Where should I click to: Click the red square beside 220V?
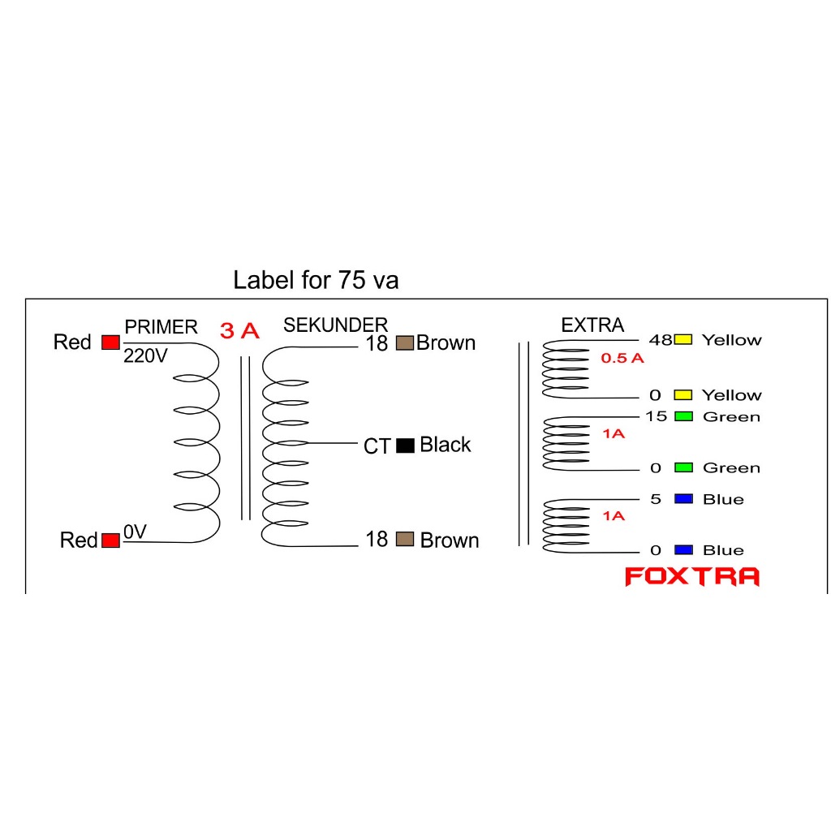coord(110,342)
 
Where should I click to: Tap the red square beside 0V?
coord(110,540)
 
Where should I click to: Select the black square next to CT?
coord(405,445)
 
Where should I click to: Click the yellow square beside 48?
coord(682,339)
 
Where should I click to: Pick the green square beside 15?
coord(683,416)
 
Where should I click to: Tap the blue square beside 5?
coord(683,498)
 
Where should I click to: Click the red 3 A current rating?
coord(239,331)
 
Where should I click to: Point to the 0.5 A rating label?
coord(622,358)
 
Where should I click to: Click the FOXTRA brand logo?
coord(691,577)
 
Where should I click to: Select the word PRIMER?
coord(161,327)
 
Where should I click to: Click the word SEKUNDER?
coord(335,325)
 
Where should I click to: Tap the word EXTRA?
coord(592,325)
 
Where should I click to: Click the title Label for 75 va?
coord(316,281)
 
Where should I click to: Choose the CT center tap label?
coord(377,446)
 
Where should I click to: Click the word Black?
coord(445,445)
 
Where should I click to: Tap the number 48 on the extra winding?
coord(660,340)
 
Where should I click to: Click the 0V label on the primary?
coord(135,533)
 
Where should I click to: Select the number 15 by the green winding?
coord(656,417)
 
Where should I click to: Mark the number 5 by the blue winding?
coord(656,499)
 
